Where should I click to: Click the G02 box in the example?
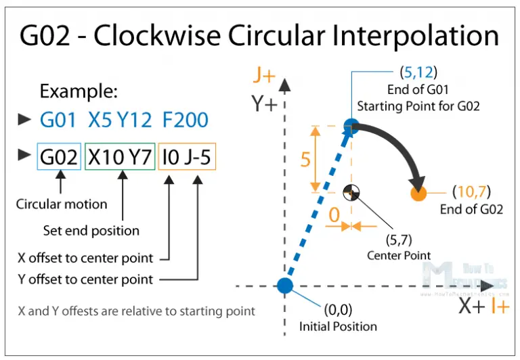60,157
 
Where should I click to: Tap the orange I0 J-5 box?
187,157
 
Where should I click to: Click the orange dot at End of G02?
418,194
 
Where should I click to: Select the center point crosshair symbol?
351,192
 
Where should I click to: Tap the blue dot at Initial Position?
285,286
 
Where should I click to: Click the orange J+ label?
264,74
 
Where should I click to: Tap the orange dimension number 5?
305,160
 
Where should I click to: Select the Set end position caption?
91,231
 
